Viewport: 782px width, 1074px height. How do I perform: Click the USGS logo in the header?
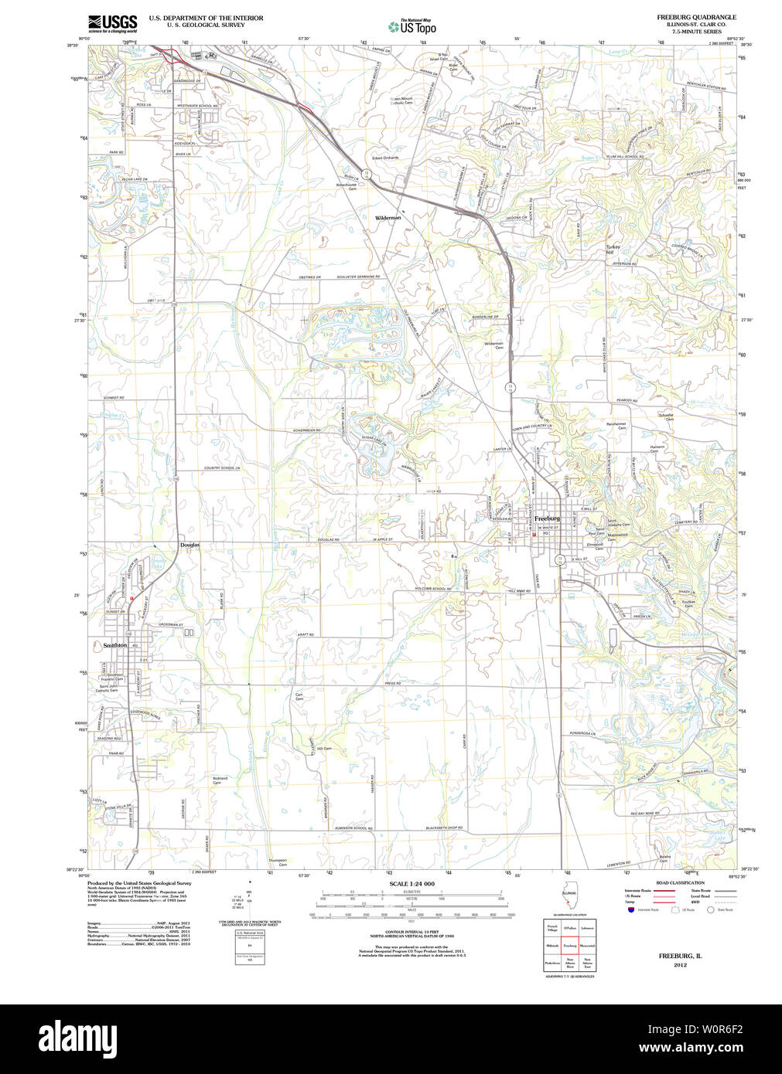point(112,22)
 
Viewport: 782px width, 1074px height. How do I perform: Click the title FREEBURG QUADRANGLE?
point(696,17)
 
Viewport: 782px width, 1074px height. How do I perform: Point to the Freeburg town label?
point(547,518)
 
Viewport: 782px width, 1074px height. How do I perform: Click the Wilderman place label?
point(388,218)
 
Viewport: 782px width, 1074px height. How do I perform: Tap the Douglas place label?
point(190,545)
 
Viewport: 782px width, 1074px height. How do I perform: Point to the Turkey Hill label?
point(612,250)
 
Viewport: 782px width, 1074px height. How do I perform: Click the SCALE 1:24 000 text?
point(411,884)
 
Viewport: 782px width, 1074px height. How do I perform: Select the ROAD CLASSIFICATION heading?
point(680,882)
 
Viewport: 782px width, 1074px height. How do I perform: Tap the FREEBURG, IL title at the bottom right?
point(680,956)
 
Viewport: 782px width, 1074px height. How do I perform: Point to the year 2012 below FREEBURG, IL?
point(680,965)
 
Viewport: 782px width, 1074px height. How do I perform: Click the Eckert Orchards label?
point(384,158)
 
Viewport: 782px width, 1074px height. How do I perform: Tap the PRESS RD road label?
point(392,683)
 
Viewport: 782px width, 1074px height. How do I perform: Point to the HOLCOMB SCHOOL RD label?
point(432,589)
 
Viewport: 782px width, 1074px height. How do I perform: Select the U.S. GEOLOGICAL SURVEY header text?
point(206,25)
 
